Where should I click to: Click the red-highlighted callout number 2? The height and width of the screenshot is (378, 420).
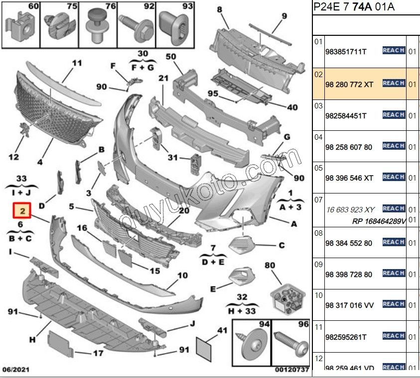point(22,211)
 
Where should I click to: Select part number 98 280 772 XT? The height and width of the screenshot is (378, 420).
point(349,85)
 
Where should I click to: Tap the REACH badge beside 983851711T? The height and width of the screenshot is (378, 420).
point(393,50)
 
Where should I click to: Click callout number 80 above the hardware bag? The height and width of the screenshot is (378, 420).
point(270,266)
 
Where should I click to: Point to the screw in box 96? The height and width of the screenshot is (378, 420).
point(290,346)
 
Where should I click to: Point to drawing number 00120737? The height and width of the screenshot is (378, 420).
point(291,370)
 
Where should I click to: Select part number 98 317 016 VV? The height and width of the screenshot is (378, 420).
point(349,305)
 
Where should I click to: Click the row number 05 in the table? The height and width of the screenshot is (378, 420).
point(318,168)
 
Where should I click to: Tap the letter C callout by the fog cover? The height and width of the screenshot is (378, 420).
point(281,245)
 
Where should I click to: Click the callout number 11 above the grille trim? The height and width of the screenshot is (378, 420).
point(76,63)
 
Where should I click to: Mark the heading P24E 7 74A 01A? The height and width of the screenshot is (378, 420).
point(354,7)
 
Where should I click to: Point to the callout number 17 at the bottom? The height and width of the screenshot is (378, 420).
point(98,353)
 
